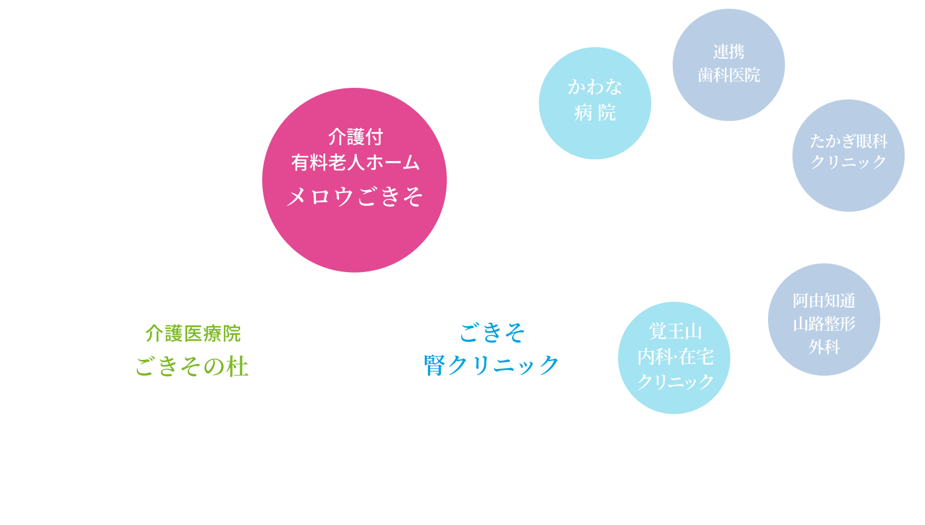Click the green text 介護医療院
pos(192,333)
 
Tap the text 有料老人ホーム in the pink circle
pos(355,162)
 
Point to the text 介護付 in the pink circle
pos(355,137)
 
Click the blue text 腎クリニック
pos(491,365)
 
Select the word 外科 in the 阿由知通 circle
pos(824,347)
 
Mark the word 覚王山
pos(675,331)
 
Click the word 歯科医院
pos(728,75)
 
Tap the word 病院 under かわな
pos(595,112)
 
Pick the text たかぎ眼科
pos(848,141)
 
